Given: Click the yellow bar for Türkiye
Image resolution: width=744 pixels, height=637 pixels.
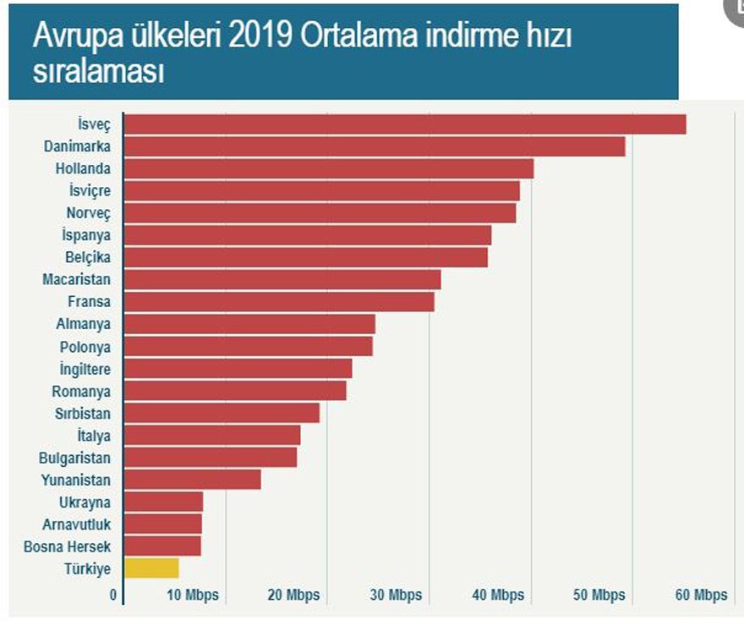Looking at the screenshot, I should click(151, 568).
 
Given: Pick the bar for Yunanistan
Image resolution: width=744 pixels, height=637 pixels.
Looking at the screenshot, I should click(192, 480).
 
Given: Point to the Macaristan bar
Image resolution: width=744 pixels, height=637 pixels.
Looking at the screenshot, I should click(282, 279).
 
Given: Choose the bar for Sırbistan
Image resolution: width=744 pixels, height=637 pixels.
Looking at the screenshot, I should click(222, 413).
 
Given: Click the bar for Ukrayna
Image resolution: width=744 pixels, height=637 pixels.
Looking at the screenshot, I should click(163, 502).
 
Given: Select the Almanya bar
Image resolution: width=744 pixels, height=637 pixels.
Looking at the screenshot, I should click(249, 324).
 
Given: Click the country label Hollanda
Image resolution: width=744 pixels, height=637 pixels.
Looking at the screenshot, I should click(83, 168).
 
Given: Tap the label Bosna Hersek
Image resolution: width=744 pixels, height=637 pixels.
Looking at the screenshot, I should click(67, 546).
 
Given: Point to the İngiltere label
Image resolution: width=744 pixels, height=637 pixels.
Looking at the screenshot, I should click(85, 369).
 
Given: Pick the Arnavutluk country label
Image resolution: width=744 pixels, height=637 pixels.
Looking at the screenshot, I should click(76, 524).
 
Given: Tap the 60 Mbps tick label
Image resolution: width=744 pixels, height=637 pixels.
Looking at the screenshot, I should click(701, 595).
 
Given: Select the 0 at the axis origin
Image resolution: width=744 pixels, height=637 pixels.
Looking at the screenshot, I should click(113, 595).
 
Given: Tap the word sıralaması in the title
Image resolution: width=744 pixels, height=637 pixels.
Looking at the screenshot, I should click(98, 72).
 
